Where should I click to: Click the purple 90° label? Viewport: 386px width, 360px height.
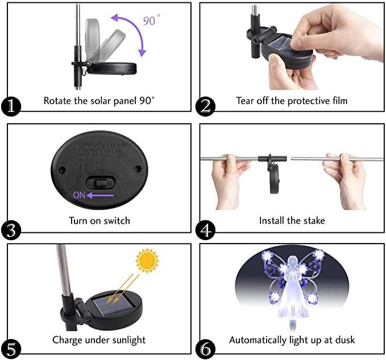[x=150, y=21]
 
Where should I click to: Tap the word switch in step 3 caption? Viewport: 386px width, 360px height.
[x=116, y=220]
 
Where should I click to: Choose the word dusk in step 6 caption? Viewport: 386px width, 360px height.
[x=344, y=340]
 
